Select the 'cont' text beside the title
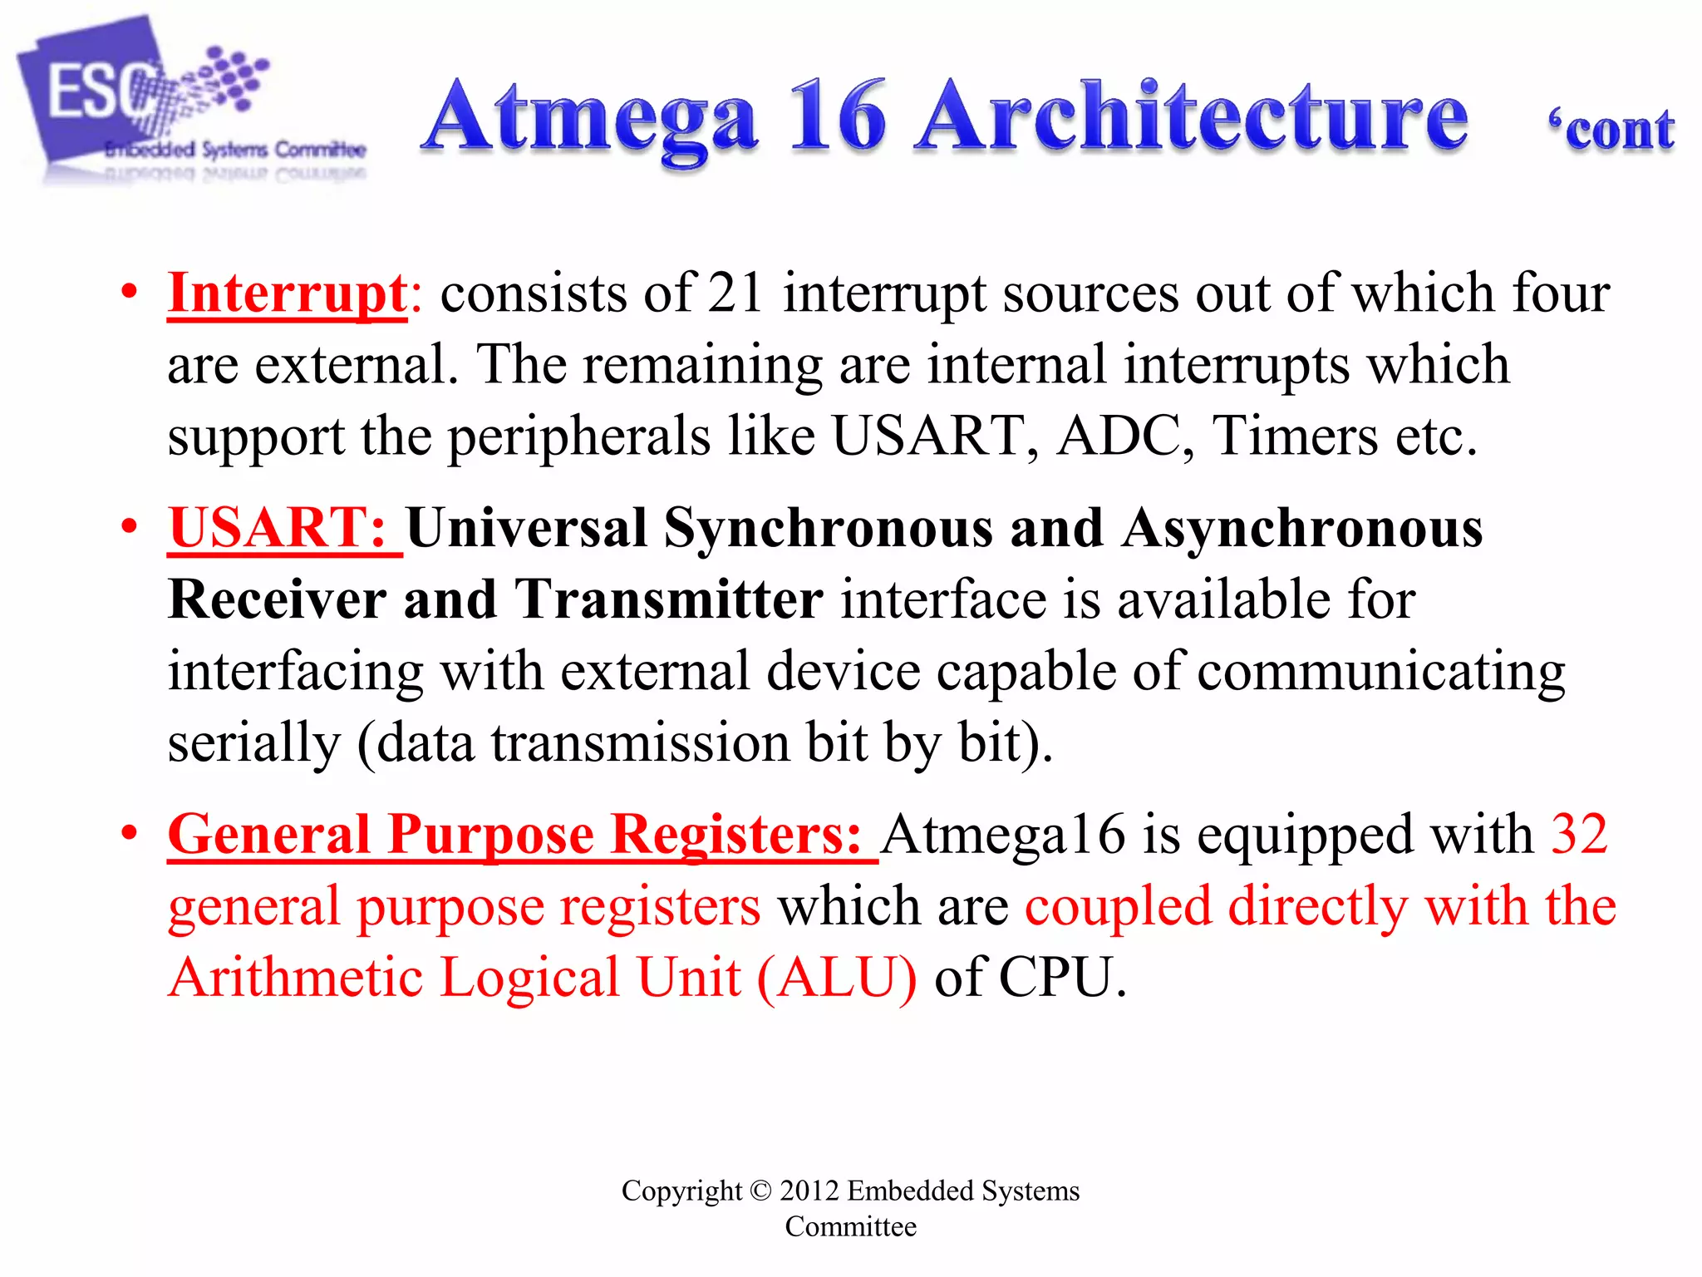(1612, 131)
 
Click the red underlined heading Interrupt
(287, 294)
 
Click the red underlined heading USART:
(278, 529)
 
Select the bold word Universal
(526, 529)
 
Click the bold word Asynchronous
(1302, 529)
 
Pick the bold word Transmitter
(669, 600)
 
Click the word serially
(253, 743)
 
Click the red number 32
(1580, 835)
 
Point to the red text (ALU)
(837, 978)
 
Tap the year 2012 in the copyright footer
(809, 1191)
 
